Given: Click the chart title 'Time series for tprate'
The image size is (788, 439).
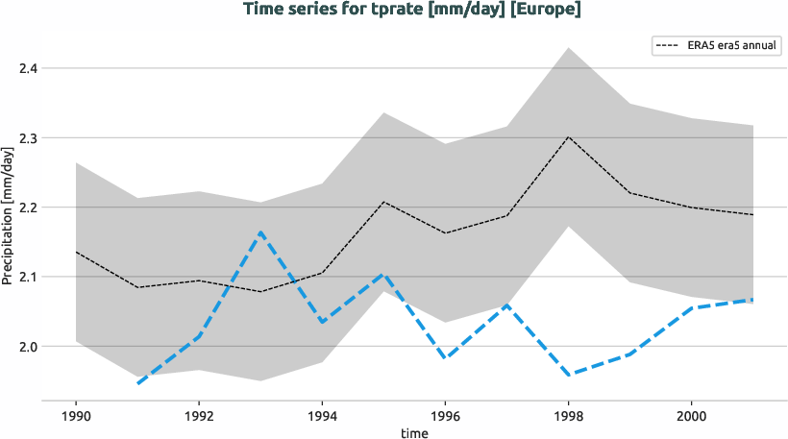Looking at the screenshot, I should [x=412, y=11].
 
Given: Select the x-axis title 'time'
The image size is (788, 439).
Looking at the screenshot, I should [x=415, y=433].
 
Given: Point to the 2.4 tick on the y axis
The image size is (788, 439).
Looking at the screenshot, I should [x=28, y=69].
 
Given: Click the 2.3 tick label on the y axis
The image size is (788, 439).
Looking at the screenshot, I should [x=28, y=138].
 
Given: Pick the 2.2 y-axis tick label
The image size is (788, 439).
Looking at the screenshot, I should [x=28, y=207].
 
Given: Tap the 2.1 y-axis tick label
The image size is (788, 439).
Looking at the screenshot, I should [x=28, y=277].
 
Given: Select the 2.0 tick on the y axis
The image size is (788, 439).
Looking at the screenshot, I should [x=28, y=346].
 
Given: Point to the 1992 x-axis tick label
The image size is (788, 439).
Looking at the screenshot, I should [x=198, y=415].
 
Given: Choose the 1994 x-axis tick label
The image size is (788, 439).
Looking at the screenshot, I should [x=321, y=415].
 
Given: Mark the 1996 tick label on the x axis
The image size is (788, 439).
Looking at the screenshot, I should [x=445, y=415].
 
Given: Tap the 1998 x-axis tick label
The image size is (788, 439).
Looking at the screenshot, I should [x=568, y=415].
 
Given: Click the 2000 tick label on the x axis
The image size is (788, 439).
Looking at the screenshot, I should [x=691, y=415].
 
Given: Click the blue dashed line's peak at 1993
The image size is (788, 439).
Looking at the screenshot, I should [x=260, y=232].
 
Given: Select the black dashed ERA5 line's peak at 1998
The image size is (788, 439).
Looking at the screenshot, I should [x=568, y=136].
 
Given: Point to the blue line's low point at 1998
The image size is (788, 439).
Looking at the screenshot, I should [x=568, y=375].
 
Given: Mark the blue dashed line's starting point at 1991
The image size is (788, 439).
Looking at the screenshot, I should [x=137, y=383].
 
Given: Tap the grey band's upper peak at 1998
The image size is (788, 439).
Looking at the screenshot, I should [x=568, y=47].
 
